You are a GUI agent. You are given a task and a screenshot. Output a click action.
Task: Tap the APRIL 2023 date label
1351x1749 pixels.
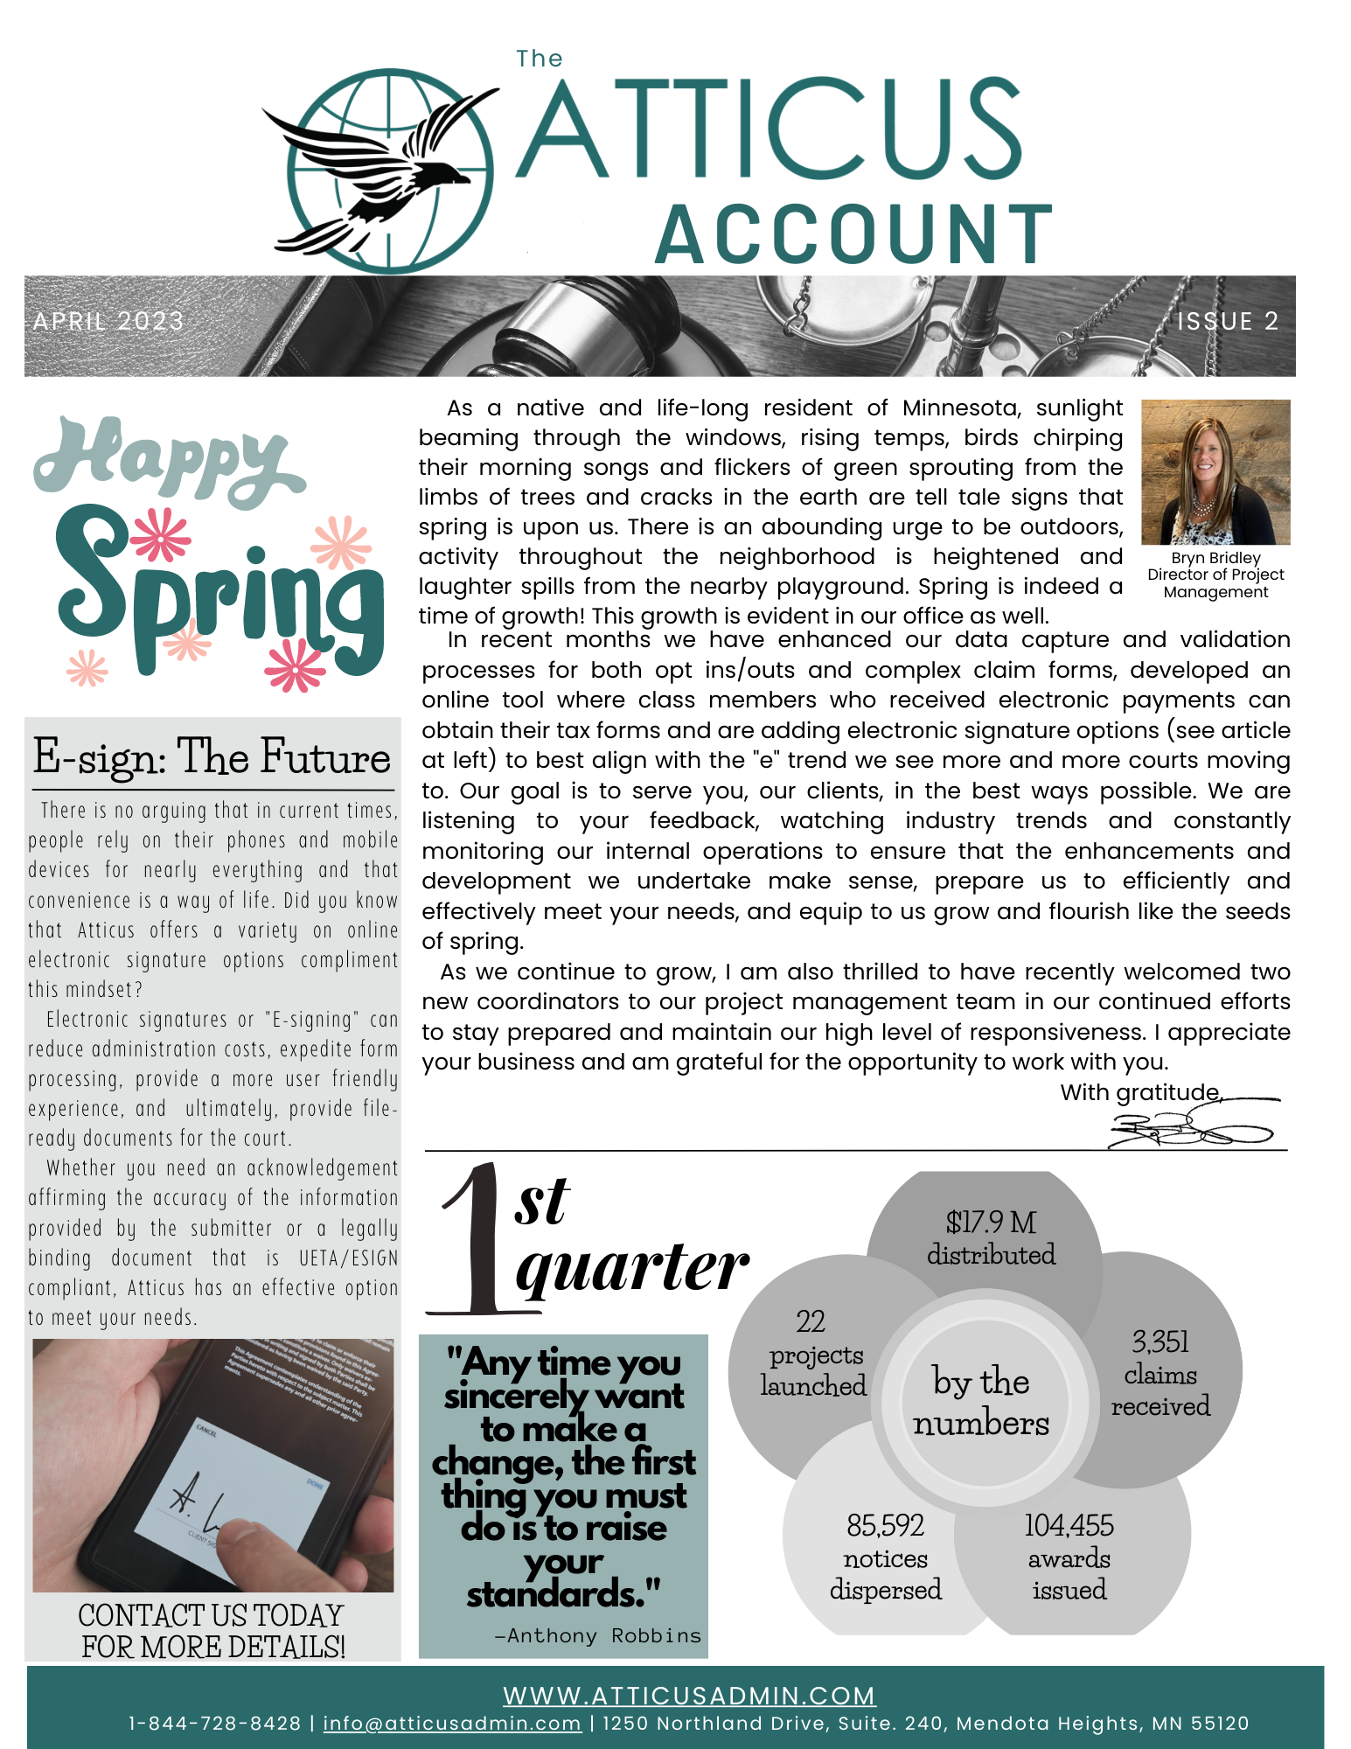point(108,322)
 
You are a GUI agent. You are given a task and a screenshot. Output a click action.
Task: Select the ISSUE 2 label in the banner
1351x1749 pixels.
point(1228,322)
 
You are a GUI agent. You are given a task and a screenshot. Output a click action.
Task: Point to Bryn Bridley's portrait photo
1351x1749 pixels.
point(1215,472)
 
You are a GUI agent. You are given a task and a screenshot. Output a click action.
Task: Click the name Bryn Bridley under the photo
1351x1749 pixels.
point(1215,558)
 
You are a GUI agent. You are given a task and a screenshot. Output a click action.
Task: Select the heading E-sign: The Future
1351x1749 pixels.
point(212,757)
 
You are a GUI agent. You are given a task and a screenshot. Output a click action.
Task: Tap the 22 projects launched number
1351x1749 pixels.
point(811,1321)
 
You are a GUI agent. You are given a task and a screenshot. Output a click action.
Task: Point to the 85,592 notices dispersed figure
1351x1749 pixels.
point(885,1526)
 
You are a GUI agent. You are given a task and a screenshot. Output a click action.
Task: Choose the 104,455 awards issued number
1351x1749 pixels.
point(1069,1526)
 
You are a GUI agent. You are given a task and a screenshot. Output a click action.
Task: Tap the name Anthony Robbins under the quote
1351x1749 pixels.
point(603,1636)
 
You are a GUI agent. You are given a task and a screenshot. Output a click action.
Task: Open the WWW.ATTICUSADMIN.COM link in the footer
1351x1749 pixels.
point(689,1697)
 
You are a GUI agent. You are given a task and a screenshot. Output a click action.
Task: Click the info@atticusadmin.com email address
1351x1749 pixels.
point(452,1724)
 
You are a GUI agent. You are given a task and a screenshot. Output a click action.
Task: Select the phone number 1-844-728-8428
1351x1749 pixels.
point(215,1724)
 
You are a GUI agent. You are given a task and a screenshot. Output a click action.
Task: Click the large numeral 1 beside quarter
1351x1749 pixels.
point(477,1242)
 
